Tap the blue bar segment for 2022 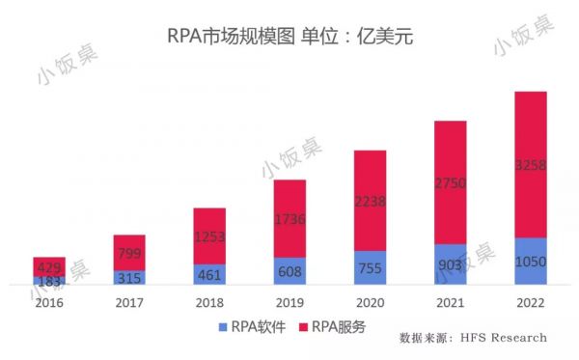click(531, 262)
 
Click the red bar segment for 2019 click(289, 218)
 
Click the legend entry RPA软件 click(249, 327)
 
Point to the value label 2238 click(370, 201)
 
